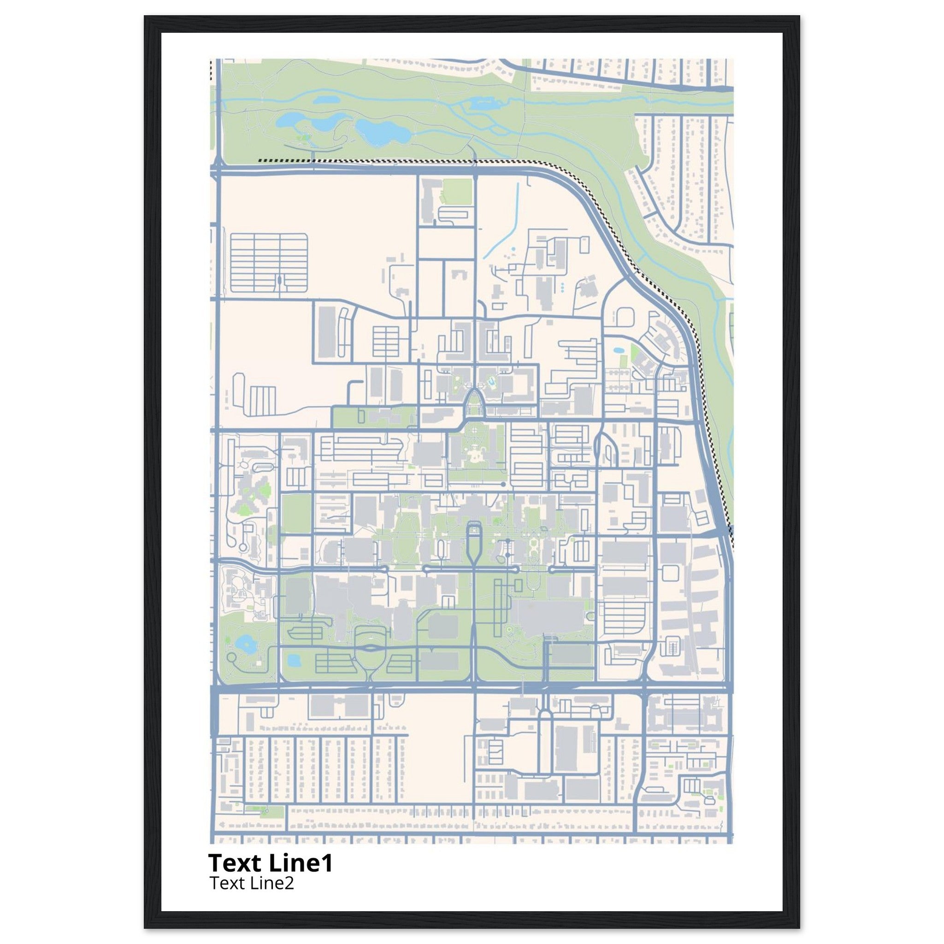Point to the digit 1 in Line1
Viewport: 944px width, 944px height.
[327, 863]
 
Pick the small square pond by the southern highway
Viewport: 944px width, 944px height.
[293, 661]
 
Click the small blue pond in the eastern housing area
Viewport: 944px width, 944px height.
[619, 351]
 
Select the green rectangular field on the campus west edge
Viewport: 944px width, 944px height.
[296, 513]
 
